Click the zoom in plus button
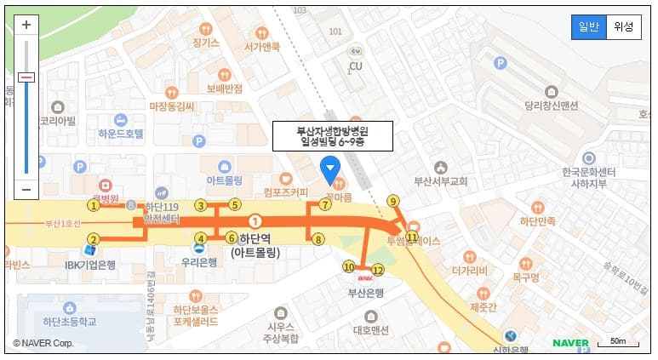click(x=26, y=25)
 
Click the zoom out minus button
click(x=26, y=189)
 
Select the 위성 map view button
click(x=623, y=27)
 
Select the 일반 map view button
click(x=588, y=27)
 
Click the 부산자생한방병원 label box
click(x=332, y=136)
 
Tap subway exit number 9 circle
click(x=392, y=201)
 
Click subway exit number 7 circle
click(x=325, y=204)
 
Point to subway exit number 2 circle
click(x=94, y=239)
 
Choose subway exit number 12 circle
click(x=378, y=270)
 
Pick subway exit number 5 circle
click(x=234, y=204)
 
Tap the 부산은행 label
click(x=366, y=293)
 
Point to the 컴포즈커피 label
click(x=286, y=192)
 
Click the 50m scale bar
click(x=618, y=342)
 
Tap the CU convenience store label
click(x=356, y=66)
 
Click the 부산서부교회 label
click(x=440, y=181)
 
